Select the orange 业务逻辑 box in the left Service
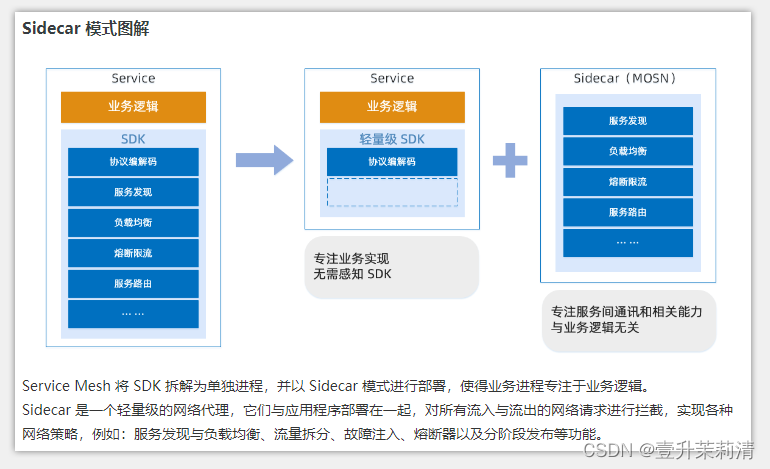[133, 107]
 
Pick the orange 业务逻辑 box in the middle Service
[392, 107]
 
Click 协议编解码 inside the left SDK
[133, 161]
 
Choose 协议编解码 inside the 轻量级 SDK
[392, 161]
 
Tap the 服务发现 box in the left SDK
[133, 192]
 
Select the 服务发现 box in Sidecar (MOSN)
[628, 121]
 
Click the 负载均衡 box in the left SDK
[133, 222]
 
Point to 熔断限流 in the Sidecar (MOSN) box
[628, 182]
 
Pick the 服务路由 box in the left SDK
[133, 283]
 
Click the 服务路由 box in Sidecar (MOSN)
[628, 212]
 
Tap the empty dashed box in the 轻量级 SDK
[392, 192]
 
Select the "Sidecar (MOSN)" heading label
[627, 78]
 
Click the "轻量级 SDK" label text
[392, 139]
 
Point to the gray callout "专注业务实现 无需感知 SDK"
[391, 267]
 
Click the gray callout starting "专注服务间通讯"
[628, 320]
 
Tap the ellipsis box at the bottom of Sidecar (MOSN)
[628, 243]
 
